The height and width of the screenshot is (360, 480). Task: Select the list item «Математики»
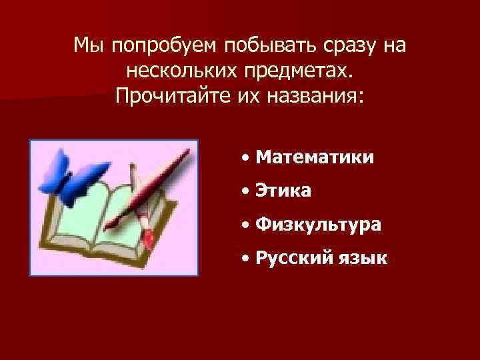click(314, 157)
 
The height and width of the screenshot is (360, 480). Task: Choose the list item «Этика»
click(283, 191)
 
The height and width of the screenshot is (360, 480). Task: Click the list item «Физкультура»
click(318, 225)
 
